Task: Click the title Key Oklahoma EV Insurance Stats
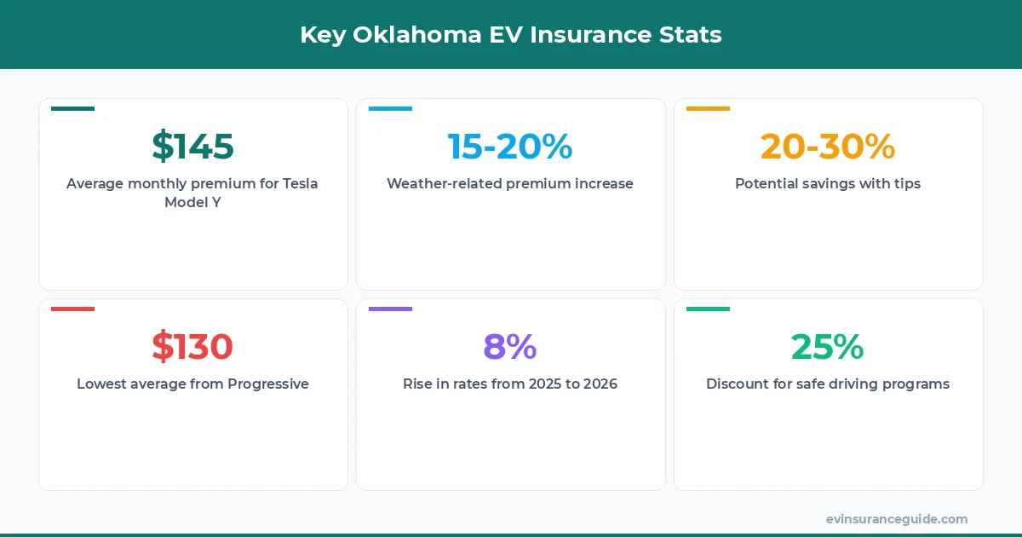click(511, 35)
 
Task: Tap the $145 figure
click(192, 147)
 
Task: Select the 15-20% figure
click(510, 147)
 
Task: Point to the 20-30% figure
click(828, 147)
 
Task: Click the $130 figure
click(192, 347)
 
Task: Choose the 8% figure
click(510, 347)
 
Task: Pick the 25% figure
click(828, 347)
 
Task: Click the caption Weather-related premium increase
click(510, 183)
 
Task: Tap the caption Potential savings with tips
click(828, 183)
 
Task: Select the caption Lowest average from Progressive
click(192, 384)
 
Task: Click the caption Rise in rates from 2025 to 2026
click(510, 384)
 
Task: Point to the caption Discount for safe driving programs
click(828, 384)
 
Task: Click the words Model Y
click(192, 202)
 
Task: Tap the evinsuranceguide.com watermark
click(897, 518)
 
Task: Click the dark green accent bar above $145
click(72, 108)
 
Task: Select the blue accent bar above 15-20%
click(390, 108)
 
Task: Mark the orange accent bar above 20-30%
click(708, 108)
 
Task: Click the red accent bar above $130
click(72, 309)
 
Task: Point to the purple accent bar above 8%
click(390, 309)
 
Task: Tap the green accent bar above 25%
click(708, 309)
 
